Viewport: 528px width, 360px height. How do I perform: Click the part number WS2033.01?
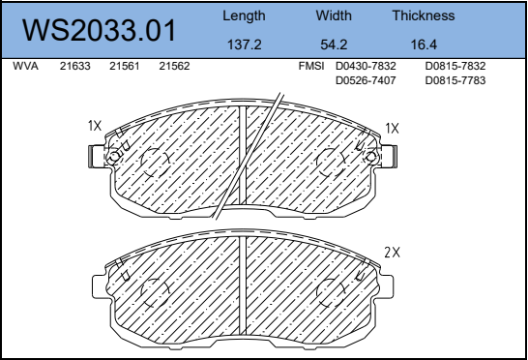99,30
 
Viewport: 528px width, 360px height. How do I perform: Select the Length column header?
244,16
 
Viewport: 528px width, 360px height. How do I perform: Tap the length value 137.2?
244,45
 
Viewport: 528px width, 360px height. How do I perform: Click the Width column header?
334,15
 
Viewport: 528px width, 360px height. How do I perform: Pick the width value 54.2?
334,45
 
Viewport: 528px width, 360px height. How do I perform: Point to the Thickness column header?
424,15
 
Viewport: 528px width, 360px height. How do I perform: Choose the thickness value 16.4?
424,45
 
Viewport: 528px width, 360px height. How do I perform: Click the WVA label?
25,66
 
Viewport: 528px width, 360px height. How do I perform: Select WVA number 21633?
75,66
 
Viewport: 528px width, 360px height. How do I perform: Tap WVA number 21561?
124,66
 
